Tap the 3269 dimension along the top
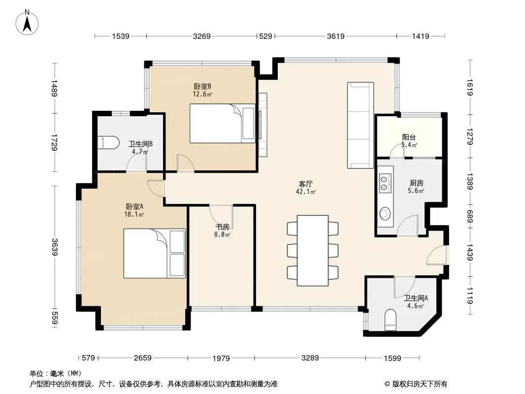(x=201, y=36)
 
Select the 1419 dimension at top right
(x=420, y=36)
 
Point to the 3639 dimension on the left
(x=55, y=247)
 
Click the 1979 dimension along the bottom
(x=221, y=358)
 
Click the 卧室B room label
(x=202, y=86)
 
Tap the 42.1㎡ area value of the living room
(x=306, y=192)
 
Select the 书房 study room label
(x=222, y=227)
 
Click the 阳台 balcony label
(x=409, y=137)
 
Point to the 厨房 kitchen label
(x=416, y=183)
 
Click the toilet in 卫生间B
(x=108, y=142)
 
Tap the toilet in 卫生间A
(x=390, y=320)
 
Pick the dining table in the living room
(x=313, y=250)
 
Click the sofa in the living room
(x=361, y=125)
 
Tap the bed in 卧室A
(x=154, y=254)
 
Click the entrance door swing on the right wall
(x=437, y=255)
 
